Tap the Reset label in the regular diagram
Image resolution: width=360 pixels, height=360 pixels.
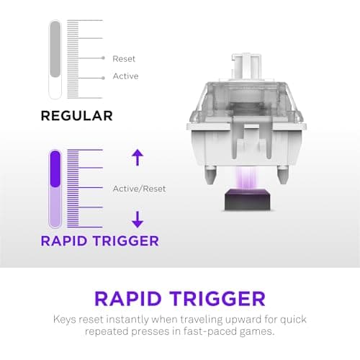coord(124,58)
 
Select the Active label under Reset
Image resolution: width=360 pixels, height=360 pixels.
coord(125,76)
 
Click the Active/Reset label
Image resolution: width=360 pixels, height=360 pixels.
coord(139,189)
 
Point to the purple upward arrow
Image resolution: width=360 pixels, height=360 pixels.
coord(138,156)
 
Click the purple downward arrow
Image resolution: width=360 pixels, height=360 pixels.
coord(138,220)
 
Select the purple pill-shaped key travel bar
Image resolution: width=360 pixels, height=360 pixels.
coord(55,189)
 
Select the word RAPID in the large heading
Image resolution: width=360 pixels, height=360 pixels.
coord(129,298)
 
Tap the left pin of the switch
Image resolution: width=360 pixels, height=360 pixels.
coord(210,173)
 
